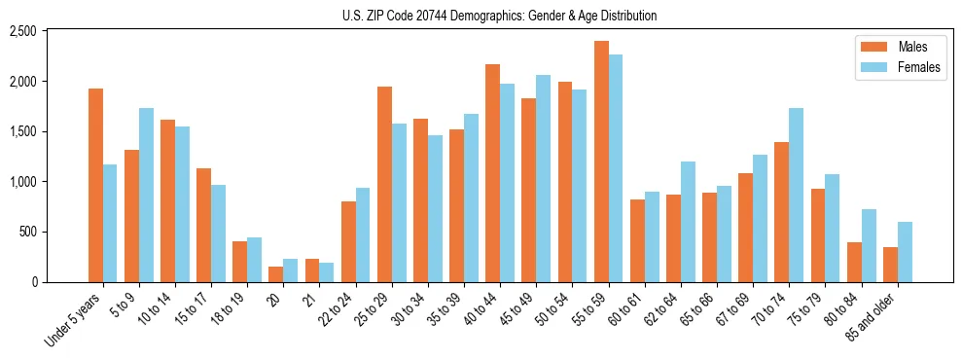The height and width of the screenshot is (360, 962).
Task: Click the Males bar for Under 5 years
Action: (95, 185)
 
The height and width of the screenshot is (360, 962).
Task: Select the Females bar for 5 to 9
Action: (146, 195)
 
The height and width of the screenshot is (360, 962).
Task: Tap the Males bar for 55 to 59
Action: (601, 162)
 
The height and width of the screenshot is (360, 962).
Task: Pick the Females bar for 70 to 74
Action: (796, 195)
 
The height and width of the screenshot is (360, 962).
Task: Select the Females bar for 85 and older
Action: (905, 252)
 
